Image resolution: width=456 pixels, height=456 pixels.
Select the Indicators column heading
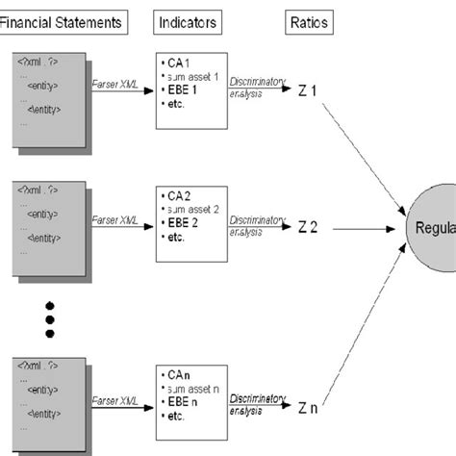(x=188, y=20)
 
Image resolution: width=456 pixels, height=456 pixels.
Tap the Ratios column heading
(x=305, y=20)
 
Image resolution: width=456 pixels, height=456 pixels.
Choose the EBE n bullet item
(x=185, y=403)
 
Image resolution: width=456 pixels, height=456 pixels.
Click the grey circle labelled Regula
(x=431, y=229)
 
